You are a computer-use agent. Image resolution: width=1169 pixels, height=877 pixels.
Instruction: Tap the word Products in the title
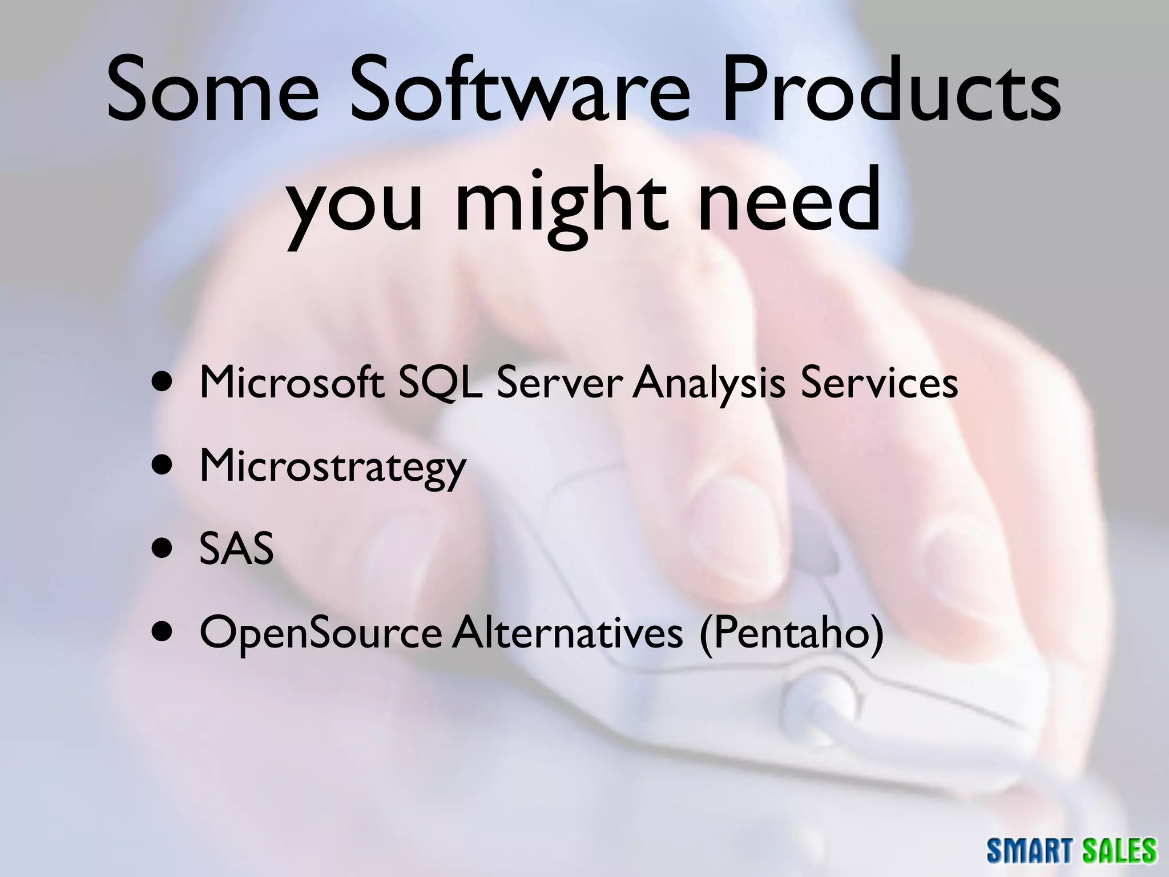coord(890,91)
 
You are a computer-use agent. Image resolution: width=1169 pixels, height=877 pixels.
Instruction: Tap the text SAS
coord(236,549)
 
